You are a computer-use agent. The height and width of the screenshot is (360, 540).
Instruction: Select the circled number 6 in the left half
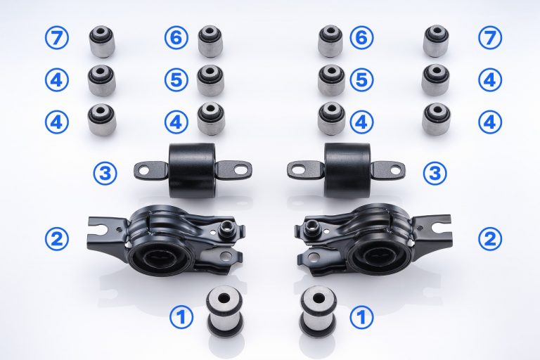[x=176, y=37]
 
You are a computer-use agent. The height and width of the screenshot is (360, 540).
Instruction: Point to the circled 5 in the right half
[x=361, y=79]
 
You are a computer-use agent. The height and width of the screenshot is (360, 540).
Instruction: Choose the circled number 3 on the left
[x=105, y=172]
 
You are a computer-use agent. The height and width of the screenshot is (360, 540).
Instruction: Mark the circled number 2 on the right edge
[x=490, y=238]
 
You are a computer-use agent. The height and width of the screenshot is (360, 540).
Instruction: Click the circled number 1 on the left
[x=182, y=318]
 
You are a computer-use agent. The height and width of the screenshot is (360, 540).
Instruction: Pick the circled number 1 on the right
[x=361, y=318]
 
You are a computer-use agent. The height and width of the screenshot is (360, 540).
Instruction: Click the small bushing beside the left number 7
[x=102, y=41]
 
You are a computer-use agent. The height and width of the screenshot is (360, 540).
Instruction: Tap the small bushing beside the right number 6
[x=330, y=41]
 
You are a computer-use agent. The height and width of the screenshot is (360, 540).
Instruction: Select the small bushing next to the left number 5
[x=210, y=80]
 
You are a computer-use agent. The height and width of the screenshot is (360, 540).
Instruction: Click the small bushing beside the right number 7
[x=436, y=41]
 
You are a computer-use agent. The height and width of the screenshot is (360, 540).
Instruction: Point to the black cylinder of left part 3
[x=192, y=169]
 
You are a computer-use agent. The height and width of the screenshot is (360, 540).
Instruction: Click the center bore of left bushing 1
[x=226, y=296]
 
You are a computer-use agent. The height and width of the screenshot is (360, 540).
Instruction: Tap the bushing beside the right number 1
[x=317, y=310]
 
